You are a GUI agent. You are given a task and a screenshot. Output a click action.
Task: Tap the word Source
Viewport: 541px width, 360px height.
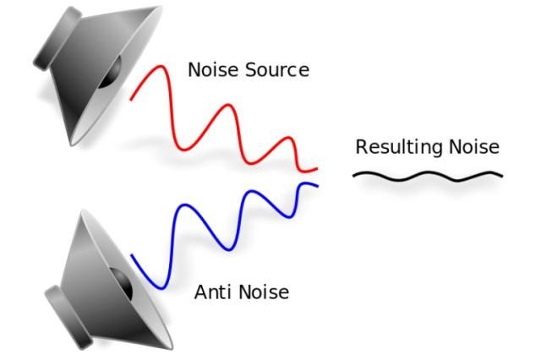277,69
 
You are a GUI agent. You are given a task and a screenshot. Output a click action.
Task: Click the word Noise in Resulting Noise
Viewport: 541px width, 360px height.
474,146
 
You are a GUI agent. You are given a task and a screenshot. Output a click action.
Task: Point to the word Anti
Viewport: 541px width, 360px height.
212,292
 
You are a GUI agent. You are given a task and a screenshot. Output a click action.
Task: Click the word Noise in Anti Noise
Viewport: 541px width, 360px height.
264,292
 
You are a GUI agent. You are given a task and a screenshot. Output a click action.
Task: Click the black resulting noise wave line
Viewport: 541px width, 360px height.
428,176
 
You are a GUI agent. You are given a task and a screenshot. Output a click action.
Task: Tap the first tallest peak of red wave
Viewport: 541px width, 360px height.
161,66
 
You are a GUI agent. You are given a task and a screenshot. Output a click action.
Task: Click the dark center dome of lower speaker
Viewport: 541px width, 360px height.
123,283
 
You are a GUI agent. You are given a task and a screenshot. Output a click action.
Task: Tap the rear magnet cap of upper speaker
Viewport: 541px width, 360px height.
57,39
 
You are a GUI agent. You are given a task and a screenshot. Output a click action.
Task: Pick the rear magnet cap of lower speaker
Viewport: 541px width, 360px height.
68,317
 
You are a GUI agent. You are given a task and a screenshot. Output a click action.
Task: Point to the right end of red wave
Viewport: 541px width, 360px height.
317,169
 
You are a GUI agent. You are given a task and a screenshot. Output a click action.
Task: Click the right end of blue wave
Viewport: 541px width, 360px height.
318,186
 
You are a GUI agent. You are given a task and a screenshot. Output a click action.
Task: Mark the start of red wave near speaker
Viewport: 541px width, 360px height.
130,100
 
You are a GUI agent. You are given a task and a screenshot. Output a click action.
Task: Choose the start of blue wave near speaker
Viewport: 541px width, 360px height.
132,255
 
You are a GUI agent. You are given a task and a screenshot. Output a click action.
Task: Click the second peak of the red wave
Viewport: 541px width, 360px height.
227,105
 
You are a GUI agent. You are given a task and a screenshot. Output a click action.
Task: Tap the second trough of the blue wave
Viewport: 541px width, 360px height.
229,249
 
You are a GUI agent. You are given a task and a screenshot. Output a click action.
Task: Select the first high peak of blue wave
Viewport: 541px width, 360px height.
184,205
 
